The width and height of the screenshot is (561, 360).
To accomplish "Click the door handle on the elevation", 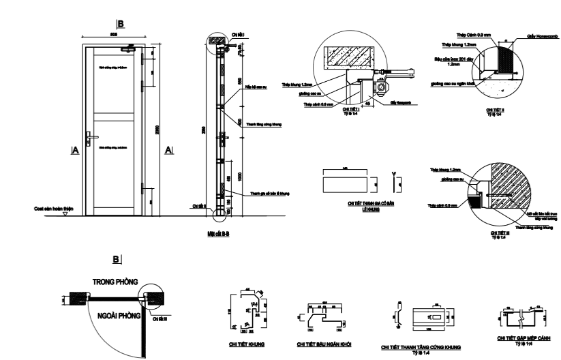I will coord(89,136).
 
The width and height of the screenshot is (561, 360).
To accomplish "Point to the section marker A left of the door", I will coord(74,151).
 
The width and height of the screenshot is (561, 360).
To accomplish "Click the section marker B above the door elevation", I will coord(121,22).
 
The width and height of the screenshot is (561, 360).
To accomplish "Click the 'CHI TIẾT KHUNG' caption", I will coord(246,344).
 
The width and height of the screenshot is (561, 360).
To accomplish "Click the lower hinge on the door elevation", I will coord(142,187).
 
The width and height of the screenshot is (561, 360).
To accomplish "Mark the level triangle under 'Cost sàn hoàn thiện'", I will coord(65,213).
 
